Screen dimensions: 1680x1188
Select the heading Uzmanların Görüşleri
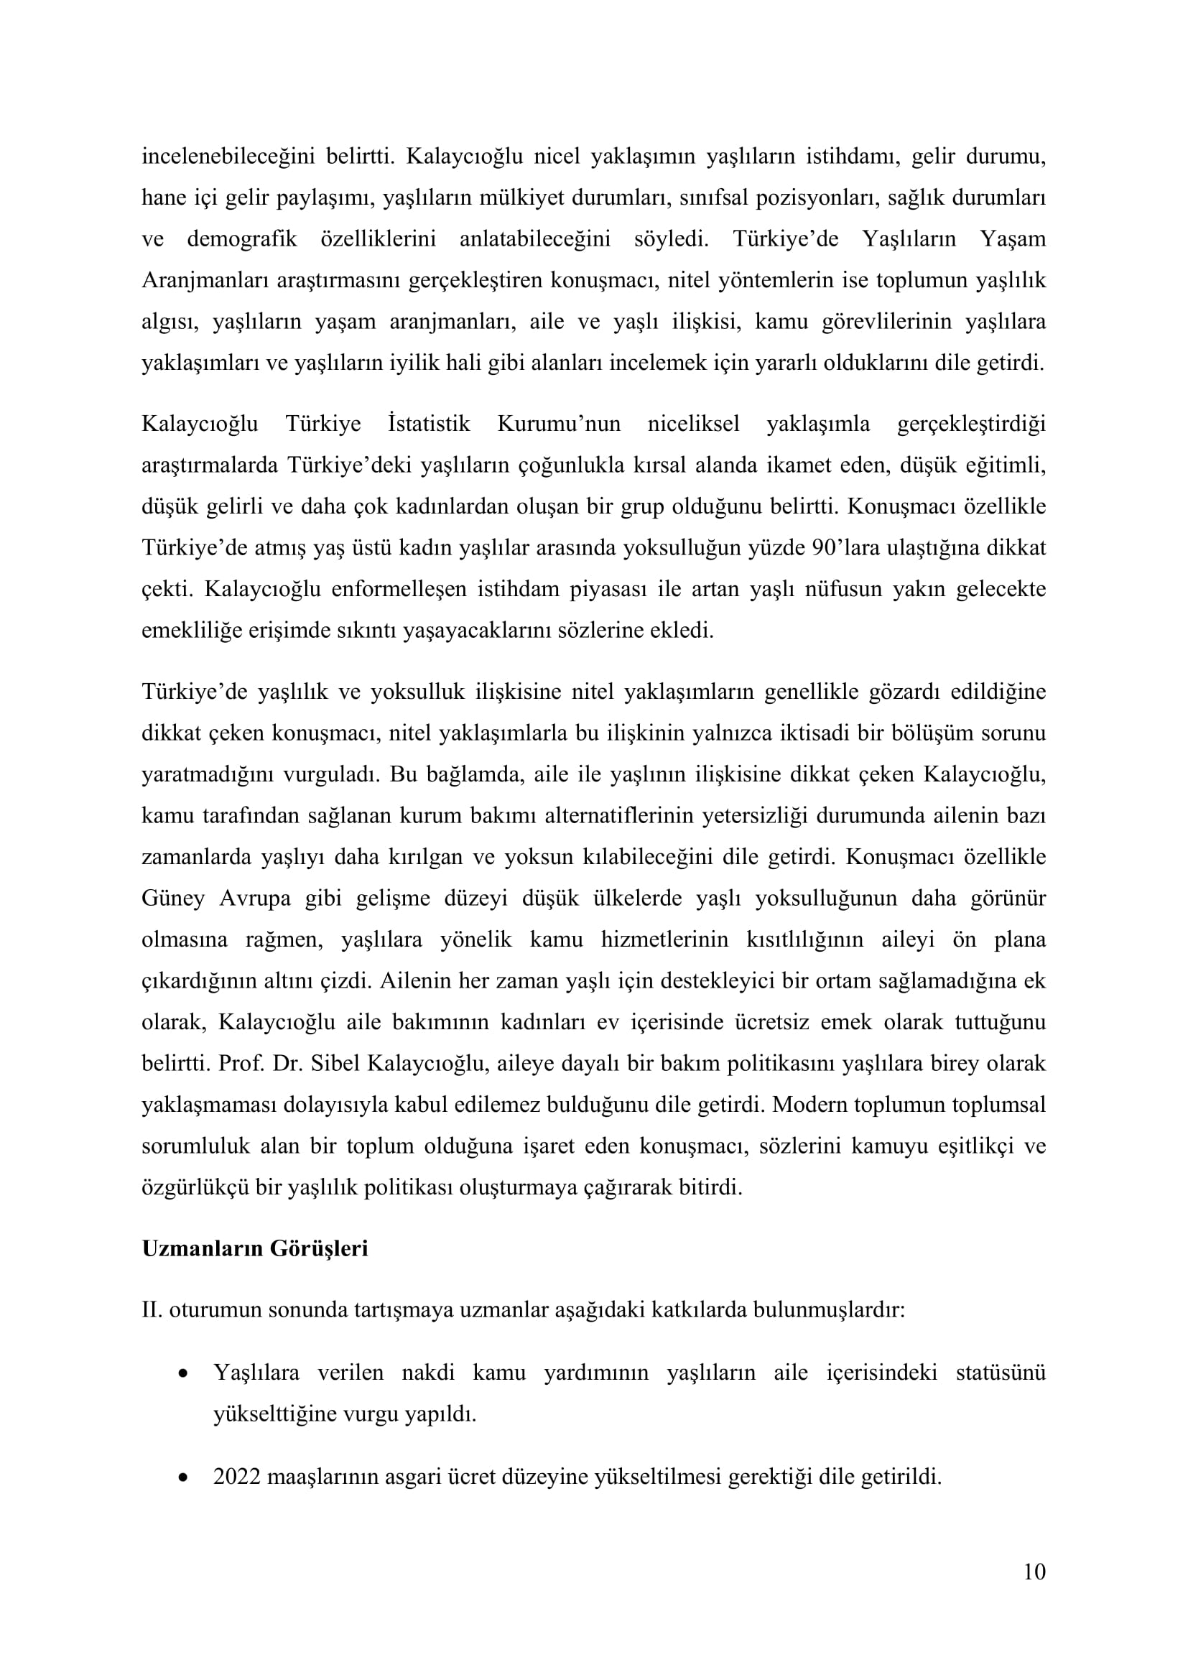click(254, 1248)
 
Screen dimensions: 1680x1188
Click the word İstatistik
click(429, 424)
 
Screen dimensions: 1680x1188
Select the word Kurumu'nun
click(559, 424)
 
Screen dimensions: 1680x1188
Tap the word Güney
click(172, 899)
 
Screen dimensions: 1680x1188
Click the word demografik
click(242, 239)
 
